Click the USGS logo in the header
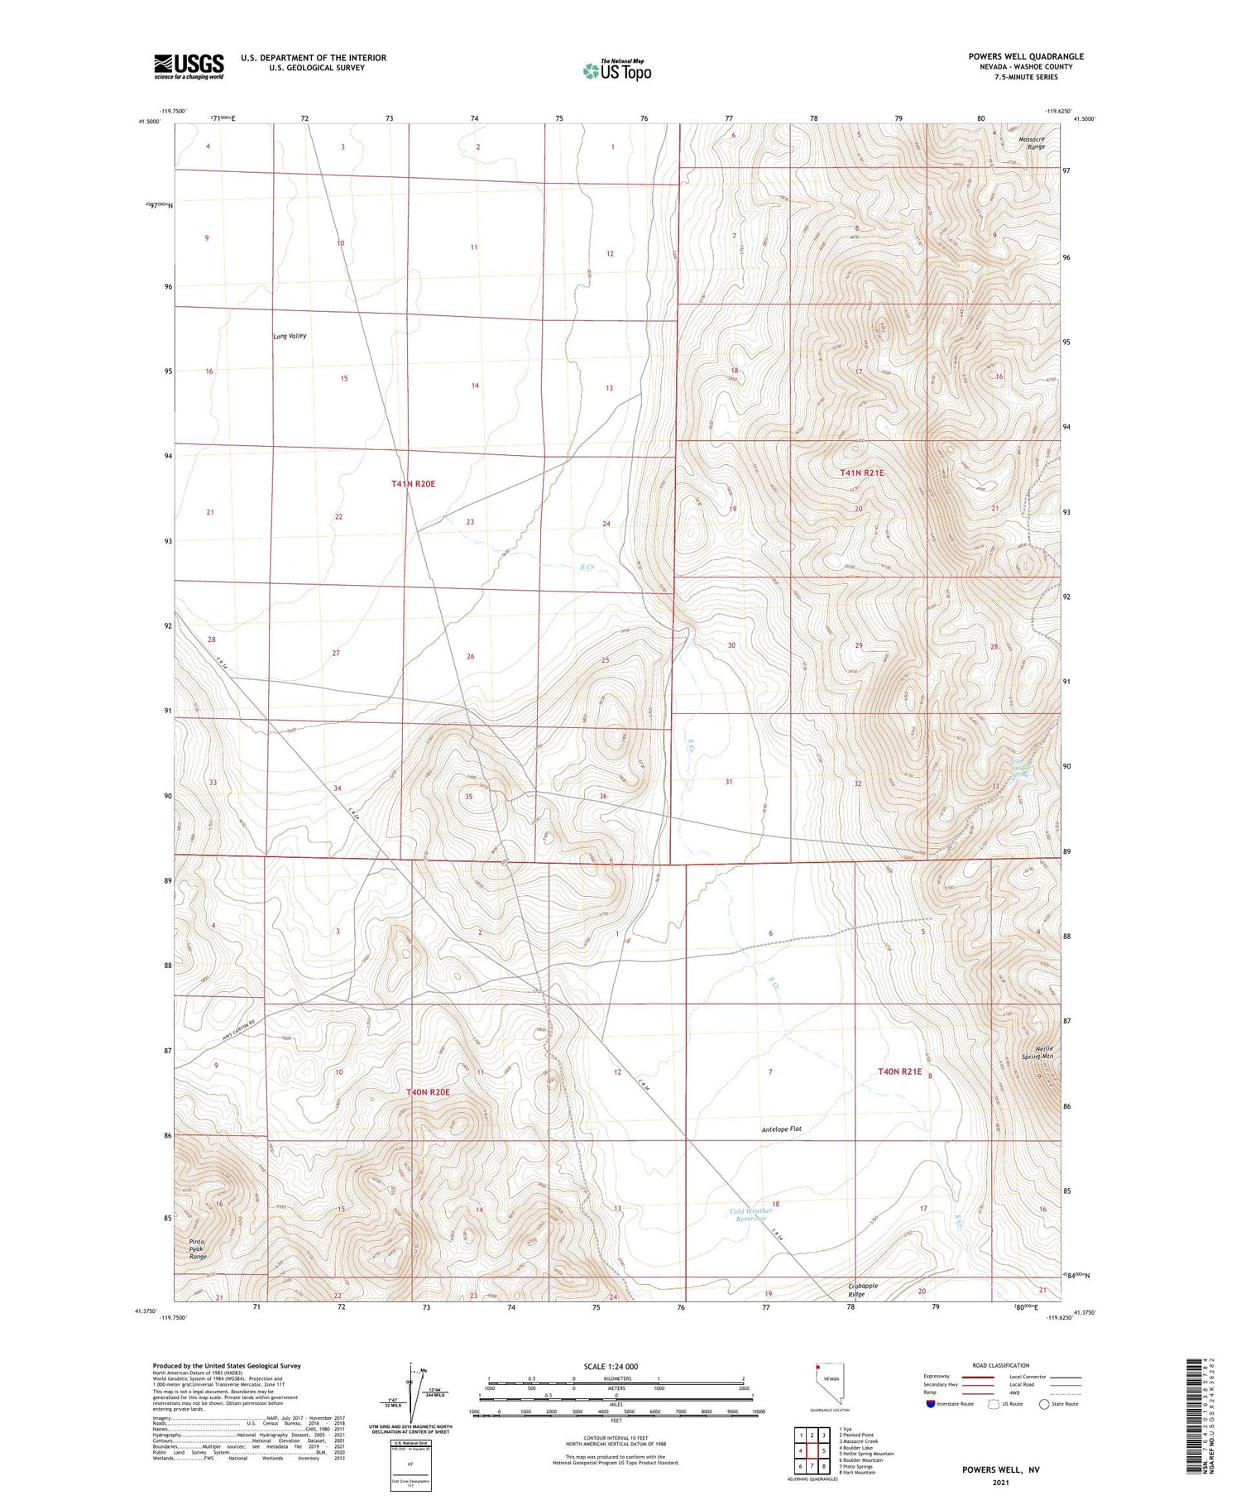pyautogui.click(x=189, y=66)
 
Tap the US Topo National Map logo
pyautogui.click(x=616, y=70)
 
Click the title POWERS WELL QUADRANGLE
pyautogui.click(x=1025, y=56)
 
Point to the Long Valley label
pyautogui.click(x=290, y=336)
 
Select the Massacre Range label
pyautogui.click(x=1032, y=142)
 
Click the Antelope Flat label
pyautogui.click(x=781, y=1129)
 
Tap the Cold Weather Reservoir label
pyautogui.click(x=750, y=1215)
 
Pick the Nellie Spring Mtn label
pyautogui.click(x=1037, y=1052)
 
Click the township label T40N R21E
pyautogui.click(x=899, y=1071)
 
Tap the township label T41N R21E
pyautogui.click(x=861, y=472)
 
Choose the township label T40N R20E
pyautogui.click(x=428, y=1092)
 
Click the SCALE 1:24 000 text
pyautogui.click(x=611, y=1366)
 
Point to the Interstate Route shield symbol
pyautogui.click(x=931, y=1404)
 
